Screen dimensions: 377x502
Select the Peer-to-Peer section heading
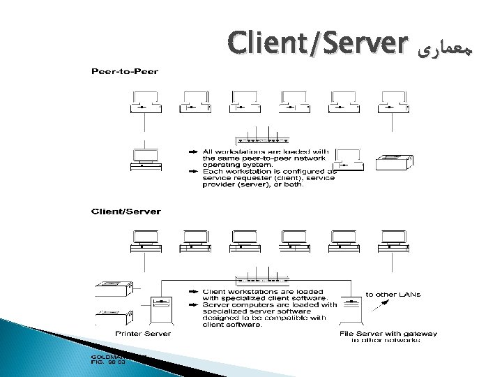(124, 71)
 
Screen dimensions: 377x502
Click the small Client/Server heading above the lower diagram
(127, 211)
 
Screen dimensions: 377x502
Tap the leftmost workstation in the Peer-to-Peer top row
(145, 101)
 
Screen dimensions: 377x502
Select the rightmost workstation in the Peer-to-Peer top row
(393, 101)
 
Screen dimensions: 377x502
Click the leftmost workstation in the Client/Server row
(145, 241)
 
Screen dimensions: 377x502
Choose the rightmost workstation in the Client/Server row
(393, 241)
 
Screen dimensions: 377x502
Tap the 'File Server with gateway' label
(388, 334)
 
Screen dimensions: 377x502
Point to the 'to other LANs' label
(393, 294)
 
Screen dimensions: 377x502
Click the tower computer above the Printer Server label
(161, 310)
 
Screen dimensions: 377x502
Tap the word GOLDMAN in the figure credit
(106, 356)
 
